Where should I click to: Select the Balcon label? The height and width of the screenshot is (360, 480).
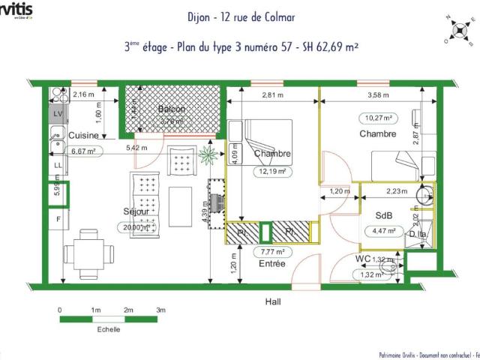(x=172, y=109)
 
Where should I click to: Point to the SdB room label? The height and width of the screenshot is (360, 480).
(x=384, y=215)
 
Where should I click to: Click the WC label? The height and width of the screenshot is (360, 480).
(x=363, y=259)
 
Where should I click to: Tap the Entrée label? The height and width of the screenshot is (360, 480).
(x=272, y=264)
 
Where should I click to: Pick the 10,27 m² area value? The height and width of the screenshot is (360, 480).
(x=381, y=118)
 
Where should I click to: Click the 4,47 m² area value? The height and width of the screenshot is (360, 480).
(x=382, y=231)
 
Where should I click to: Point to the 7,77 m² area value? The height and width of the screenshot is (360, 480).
(x=272, y=252)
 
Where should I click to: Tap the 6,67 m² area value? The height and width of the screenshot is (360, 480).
(x=66, y=151)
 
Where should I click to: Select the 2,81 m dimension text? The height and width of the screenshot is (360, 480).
(x=273, y=95)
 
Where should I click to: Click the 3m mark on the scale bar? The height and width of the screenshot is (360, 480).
(x=160, y=310)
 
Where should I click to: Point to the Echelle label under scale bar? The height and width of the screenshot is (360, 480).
(x=108, y=329)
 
